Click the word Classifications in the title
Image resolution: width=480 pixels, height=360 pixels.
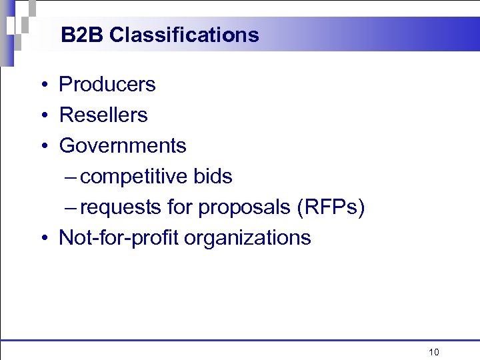click(184, 35)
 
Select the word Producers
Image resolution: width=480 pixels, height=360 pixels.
click(107, 85)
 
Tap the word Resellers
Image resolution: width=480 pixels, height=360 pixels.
click(103, 115)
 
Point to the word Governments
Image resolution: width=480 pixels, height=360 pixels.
click(123, 146)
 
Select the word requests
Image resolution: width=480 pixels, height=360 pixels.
click(121, 207)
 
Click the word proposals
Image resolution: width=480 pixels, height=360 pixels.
click(245, 208)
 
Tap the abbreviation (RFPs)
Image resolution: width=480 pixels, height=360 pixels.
click(331, 207)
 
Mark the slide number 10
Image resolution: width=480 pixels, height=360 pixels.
click(434, 352)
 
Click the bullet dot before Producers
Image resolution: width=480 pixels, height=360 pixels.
click(42, 85)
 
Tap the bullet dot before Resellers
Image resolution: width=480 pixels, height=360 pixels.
click(42, 116)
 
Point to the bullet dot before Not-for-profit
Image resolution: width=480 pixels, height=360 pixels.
click(42, 239)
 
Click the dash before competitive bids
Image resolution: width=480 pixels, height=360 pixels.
click(71, 177)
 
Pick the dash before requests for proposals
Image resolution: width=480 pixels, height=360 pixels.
click(71, 208)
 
